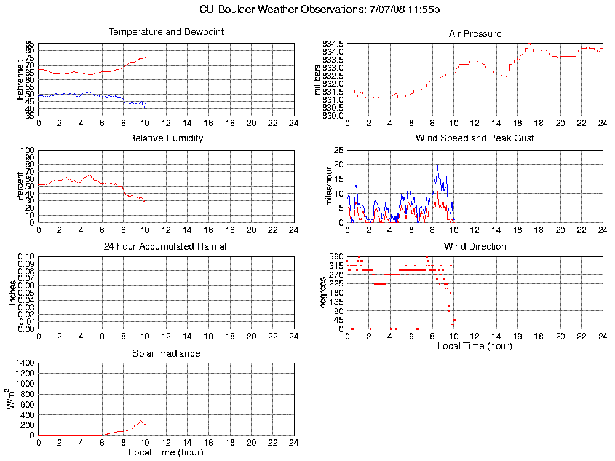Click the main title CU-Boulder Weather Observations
click(x=320, y=10)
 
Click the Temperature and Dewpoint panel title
click(x=166, y=32)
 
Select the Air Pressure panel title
click(x=475, y=34)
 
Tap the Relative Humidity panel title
click(x=166, y=138)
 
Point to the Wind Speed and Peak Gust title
click(x=475, y=138)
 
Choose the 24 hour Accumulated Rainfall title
click(x=166, y=246)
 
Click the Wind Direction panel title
click(x=475, y=246)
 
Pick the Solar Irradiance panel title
click(x=166, y=353)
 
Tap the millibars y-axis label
click(x=317, y=79)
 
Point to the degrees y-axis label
click(x=322, y=293)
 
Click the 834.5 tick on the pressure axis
click(x=333, y=44)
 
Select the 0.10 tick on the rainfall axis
click(x=25, y=256)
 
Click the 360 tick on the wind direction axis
click(x=336, y=256)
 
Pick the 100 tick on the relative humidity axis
click(x=27, y=150)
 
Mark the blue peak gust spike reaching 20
click(x=438, y=165)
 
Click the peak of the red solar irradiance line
click(x=141, y=420)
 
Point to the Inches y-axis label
click(x=13, y=293)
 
